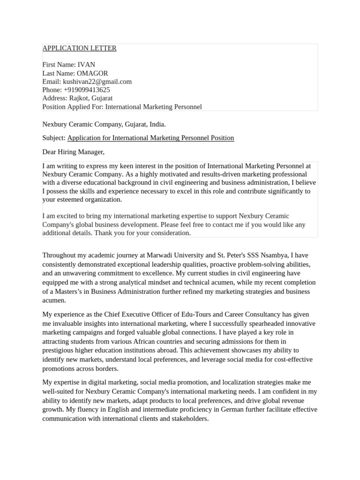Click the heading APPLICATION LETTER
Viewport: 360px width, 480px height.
point(79,48)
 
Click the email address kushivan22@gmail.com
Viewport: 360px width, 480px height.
point(97,82)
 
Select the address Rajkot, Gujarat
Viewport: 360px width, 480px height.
point(91,98)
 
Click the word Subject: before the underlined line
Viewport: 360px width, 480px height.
point(54,138)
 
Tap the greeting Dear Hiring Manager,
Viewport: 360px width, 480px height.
point(73,152)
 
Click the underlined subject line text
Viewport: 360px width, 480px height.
point(150,138)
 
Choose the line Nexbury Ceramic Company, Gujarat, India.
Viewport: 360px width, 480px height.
point(104,124)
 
